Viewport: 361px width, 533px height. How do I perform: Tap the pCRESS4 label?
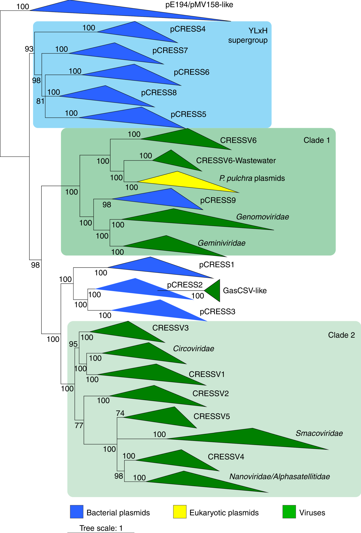point(188,29)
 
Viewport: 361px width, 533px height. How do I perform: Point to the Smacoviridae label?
point(319,433)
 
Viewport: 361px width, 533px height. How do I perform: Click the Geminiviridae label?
point(221,243)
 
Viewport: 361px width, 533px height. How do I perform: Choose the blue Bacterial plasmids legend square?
point(76,512)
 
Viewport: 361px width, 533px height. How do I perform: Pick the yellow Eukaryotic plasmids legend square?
point(180,512)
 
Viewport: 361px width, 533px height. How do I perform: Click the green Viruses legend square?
point(289,512)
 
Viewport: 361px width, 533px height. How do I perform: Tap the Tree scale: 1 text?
point(101,528)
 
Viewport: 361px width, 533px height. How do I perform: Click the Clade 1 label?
point(317,140)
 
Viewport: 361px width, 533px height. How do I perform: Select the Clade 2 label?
point(341,335)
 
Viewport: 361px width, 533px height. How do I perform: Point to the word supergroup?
point(248,40)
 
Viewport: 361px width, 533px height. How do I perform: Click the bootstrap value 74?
point(120,413)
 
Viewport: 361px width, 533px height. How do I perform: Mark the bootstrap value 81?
point(40,101)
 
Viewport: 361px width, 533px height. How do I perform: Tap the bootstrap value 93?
point(29,49)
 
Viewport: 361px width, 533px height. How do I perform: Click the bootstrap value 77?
point(79,425)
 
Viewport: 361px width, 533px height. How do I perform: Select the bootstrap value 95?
point(73,344)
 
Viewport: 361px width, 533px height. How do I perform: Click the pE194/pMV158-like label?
point(199,5)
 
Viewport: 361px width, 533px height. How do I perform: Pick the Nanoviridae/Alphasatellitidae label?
point(279,477)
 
